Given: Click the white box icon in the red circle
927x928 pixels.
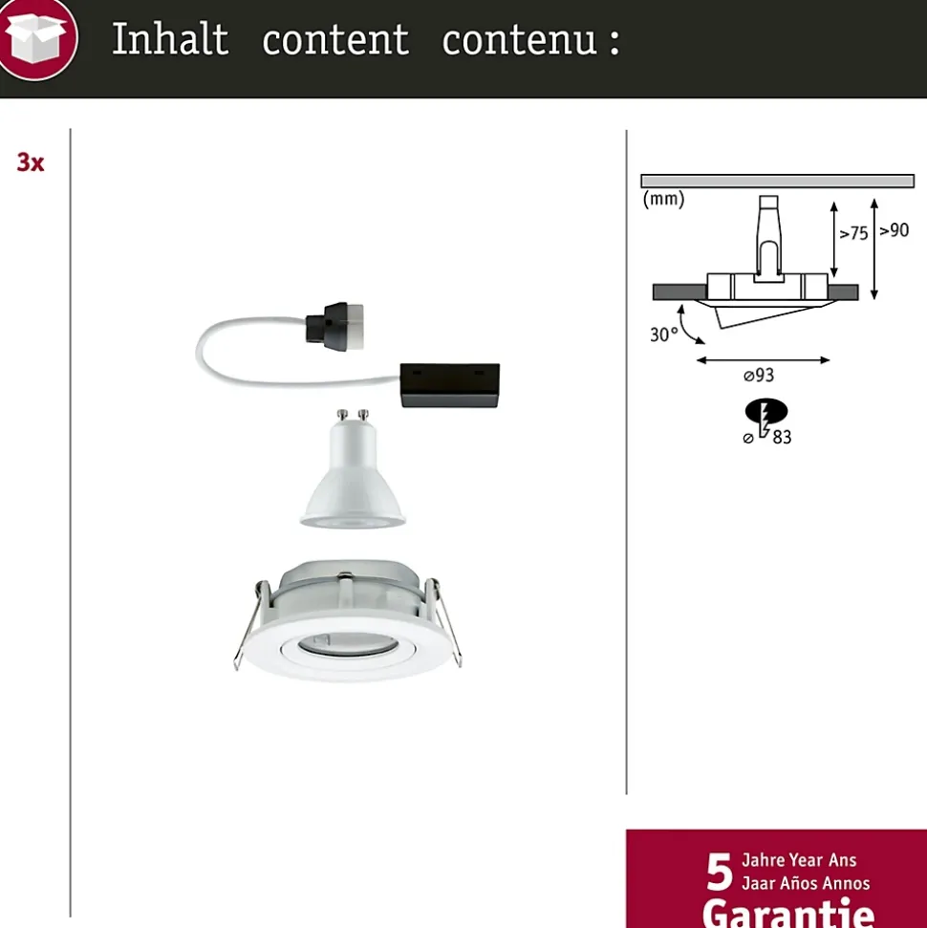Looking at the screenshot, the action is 37,38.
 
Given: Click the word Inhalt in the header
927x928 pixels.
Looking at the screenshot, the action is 170,39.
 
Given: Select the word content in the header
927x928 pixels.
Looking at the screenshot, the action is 335,41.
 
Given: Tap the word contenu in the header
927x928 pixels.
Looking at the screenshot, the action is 519,41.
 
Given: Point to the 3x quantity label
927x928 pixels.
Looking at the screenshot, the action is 31,162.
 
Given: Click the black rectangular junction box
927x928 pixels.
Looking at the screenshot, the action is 450,385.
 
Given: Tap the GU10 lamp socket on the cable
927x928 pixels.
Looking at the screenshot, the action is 335,326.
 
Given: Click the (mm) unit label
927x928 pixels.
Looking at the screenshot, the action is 663,198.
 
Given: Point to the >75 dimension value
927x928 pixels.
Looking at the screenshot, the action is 853,233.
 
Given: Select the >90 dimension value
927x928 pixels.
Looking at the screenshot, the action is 894,230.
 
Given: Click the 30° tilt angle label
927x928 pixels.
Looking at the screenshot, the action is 663,335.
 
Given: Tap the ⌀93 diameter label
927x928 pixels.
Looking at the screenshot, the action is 759,376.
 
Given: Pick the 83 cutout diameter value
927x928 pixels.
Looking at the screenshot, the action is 782,438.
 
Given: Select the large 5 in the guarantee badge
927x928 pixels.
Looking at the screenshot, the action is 720,872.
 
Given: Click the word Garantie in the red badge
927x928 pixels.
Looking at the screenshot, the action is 788,914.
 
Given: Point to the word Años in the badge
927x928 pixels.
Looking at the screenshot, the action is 805,883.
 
